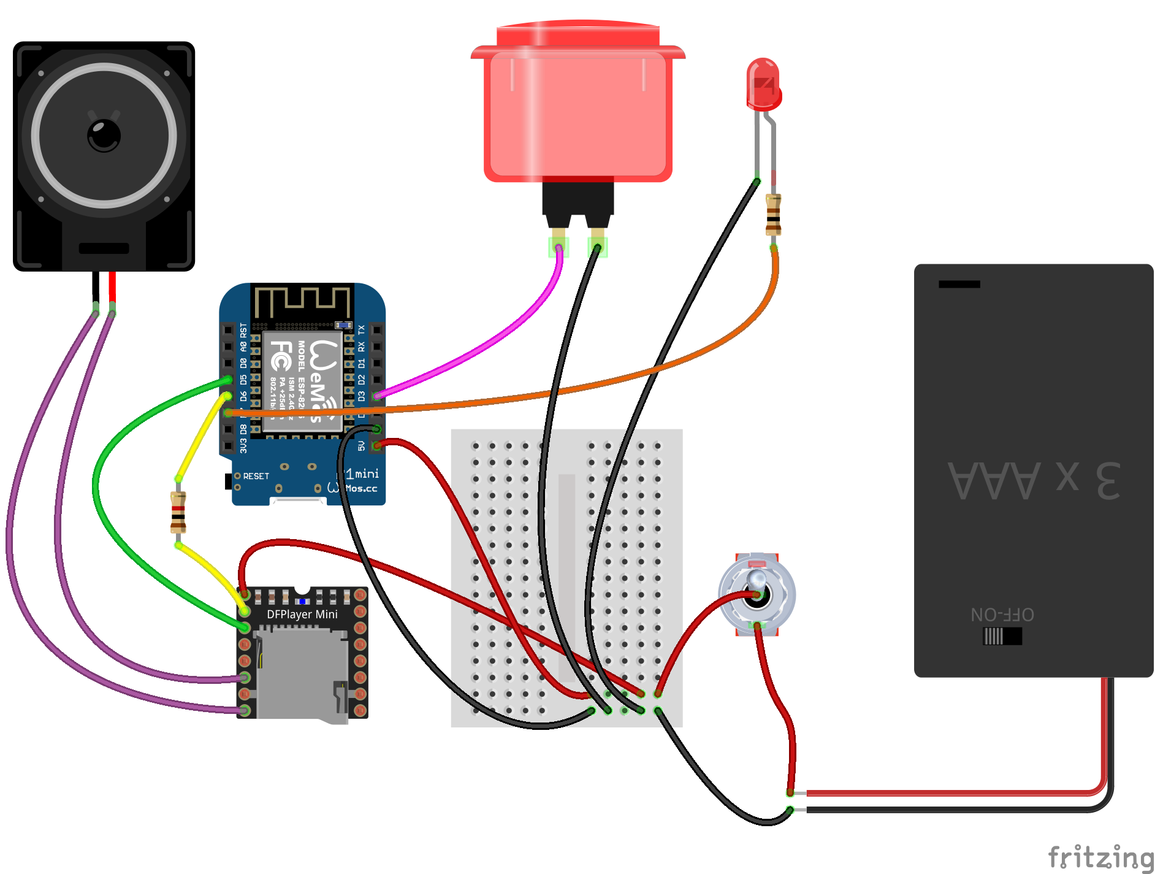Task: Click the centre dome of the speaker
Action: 104,135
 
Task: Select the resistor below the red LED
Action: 773,215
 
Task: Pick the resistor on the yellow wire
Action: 178,512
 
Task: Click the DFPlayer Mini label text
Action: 302,614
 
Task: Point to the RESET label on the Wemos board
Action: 256,476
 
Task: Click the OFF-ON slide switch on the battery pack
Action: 1002,636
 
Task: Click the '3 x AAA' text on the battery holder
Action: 1034,480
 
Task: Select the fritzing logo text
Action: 1100,856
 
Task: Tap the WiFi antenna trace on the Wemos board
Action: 302,302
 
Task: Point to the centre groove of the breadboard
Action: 566,577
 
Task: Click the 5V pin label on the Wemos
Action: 362,446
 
